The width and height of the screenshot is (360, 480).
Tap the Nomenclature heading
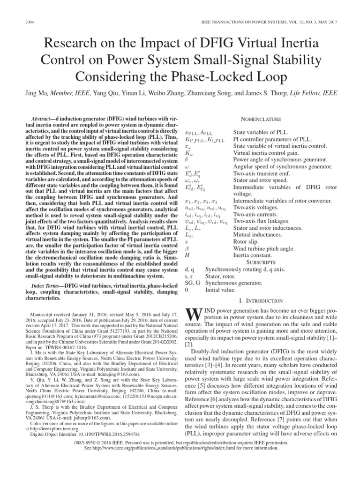coord(261,120)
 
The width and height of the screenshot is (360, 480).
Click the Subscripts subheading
coord(261,262)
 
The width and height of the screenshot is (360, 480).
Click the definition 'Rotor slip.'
coord(246,241)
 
